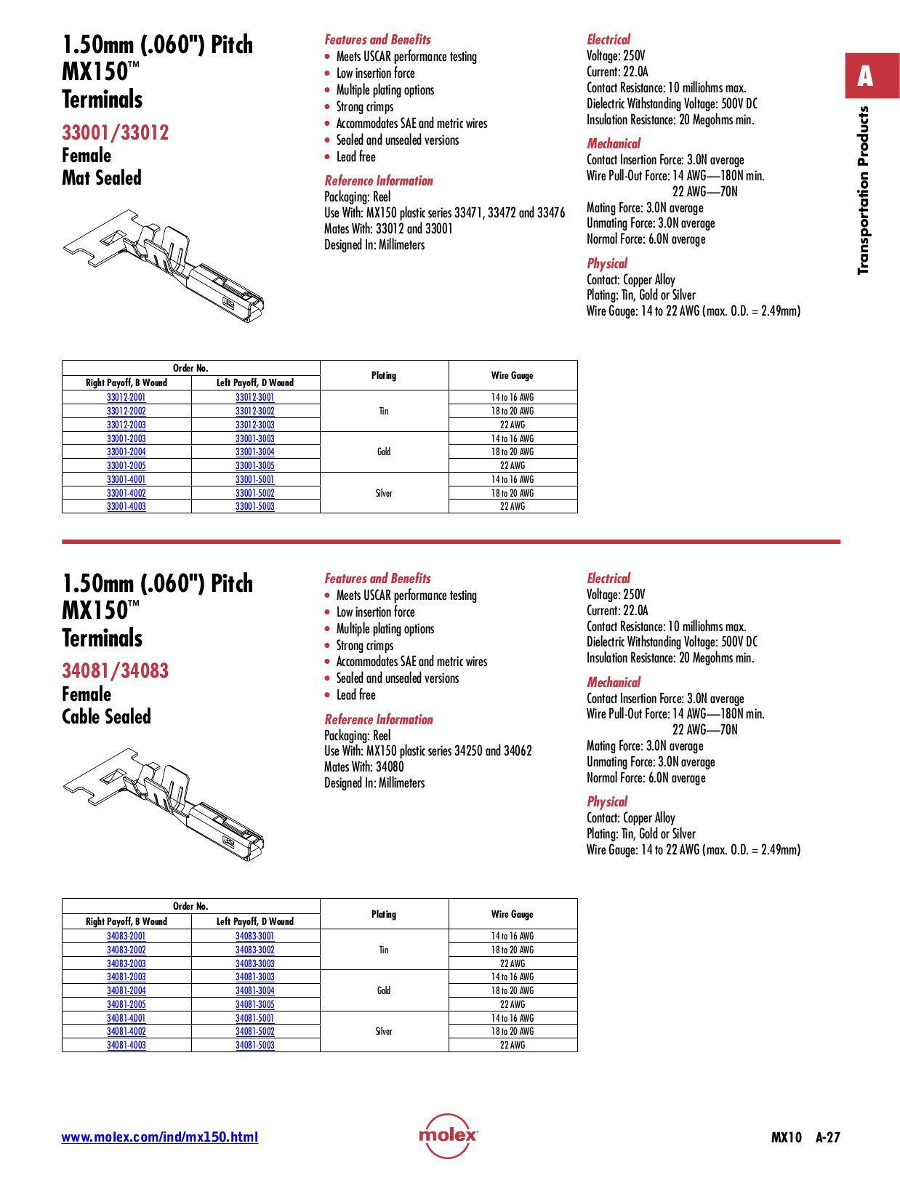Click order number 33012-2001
(x=126, y=397)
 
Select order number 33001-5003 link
(x=254, y=506)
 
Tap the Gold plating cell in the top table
(x=384, y=452)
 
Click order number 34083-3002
(x=254, y=950)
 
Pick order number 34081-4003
(x=126, y=1045)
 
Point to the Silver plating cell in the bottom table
(x=384, y=1031)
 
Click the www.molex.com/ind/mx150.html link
(x=159, y=1137)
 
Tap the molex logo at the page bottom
(x=448, y=1135)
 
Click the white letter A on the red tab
(x=864, y=76)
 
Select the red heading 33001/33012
(x=115, y=132)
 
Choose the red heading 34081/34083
(x=115, y=670)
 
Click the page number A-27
(x=827, y=1137)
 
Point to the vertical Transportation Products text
(x=864, y=191)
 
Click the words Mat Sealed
(x=101, y=178)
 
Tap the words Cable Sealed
(x=106, y=717)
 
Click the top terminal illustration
(x=164, y=265)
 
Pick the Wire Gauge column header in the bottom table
(x=512, y=914)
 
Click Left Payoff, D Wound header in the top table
(x=254, y=382)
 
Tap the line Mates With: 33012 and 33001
(x=388, y=228)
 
